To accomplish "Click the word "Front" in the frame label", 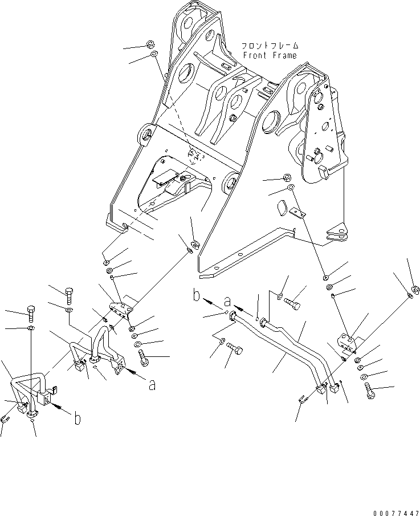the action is tap(255, 55).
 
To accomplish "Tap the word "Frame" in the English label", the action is tap(284, 55).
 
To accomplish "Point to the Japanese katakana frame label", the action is tap(270, 46).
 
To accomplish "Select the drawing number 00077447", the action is tap(396, 513).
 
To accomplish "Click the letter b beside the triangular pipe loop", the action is tap(77, 419).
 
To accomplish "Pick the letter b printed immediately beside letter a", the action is tap(197, 295).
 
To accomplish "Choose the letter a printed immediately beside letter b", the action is tap(227, 301).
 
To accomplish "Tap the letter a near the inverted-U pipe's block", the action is tap(152, 384).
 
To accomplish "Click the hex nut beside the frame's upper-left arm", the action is tap(150, 43).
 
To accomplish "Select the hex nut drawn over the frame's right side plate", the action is tap(287, 178).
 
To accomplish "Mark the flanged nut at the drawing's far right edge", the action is tap(415, 290).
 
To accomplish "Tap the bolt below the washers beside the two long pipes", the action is tap(370, 391).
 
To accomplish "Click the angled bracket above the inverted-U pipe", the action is tap(120, 310).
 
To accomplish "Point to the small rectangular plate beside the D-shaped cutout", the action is tap(298, 212).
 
